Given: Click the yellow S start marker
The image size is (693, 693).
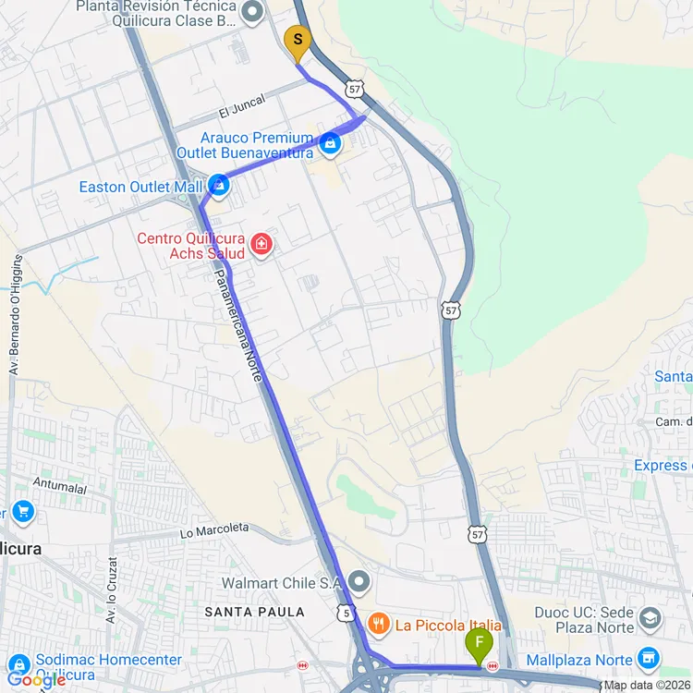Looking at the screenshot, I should pyautogui.click(x=297, y=40).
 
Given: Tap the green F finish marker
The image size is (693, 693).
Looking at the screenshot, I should pyautogui.click(x=479, y=642).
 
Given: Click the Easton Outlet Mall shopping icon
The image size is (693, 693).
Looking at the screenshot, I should pyautogui.click(x=219, y=186).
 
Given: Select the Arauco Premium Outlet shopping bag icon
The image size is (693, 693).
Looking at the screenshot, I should pyautogui.click(x=331, y=144).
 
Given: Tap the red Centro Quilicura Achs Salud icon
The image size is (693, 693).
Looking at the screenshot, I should pyautogui.click(x=261, y=245).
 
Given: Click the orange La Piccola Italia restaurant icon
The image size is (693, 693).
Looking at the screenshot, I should pyautogui.click(x=377, y=625).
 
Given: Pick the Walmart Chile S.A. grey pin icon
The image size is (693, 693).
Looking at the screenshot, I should pyautogui.click(x=359, y=583).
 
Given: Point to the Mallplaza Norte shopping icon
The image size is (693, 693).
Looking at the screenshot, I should pyautogui.click(x=650, y=659).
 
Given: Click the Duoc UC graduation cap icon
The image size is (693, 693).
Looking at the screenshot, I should pyautogui.click(x=650, y=618).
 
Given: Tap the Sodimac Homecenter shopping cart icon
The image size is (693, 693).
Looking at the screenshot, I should pyautogui.click(x=18, y=663).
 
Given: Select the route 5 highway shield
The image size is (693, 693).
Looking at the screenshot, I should pyautogui.click(x=345, y=613).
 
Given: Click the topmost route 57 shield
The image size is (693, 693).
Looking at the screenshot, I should pyautogui.click(x=355, y=89).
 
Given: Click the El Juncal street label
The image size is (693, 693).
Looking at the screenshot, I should pyautogui.click(x=242, y=106).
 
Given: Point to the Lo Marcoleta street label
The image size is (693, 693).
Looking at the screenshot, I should pyautogui.click(x=214, y=529).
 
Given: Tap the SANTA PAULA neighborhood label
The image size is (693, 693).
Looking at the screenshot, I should pyautogui.click(x=255, y=612).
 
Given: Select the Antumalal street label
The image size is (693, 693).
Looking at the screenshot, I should pyautogui.click(x=59, y=482).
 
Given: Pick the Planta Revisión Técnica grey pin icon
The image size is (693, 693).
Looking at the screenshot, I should pyautogui.click(x=253, y=11).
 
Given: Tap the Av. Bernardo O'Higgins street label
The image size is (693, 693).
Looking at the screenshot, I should pyautogui.click(x=15, y=314).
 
